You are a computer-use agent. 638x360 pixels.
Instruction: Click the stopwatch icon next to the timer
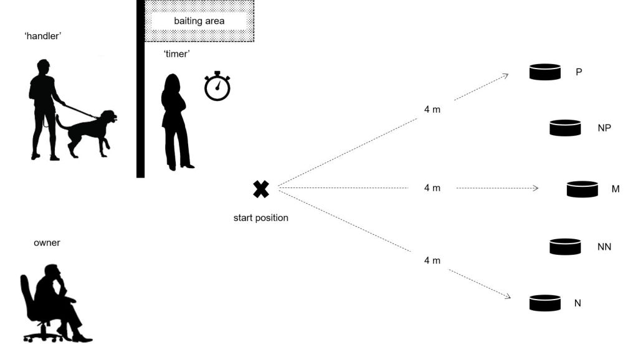(217, 87)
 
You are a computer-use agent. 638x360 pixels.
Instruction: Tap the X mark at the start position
(261, 189)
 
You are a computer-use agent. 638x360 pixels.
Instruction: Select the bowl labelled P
(545, 72)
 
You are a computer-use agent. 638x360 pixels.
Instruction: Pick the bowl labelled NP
(565, 128)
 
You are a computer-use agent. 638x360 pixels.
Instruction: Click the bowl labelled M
(583, 189)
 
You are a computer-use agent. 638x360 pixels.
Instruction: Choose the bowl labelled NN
(565, 247)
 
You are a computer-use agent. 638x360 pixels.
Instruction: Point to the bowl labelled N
(545, 303)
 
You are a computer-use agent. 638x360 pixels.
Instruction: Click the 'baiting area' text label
(199, 21)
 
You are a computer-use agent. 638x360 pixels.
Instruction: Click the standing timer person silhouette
(174, 121)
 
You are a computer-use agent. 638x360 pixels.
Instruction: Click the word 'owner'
(47, 243)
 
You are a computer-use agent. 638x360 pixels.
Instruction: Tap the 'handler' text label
(43, 37)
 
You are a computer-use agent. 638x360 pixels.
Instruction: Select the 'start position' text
(261, 218)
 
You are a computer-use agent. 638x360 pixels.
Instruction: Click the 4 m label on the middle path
(432, 187)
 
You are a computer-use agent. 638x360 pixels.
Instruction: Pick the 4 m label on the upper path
(432, 109)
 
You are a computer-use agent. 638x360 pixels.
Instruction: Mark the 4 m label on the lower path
(432, 260)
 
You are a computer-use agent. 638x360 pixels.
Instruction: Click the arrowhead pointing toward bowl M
(535, 187)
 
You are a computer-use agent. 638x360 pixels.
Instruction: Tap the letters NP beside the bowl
(604, 128)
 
